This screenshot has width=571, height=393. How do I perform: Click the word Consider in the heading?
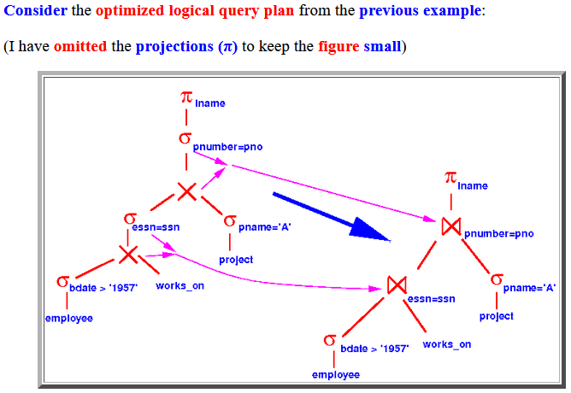[x=35, y=10]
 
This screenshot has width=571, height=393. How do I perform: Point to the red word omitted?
[x=80, y=47]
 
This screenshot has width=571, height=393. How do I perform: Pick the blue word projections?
[x=174, y=47]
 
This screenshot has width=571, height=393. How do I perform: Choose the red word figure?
[x=338, y=47]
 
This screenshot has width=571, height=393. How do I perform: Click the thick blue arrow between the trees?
[x=332, y=217]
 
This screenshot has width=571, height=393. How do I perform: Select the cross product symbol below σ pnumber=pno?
[x=187, y=191]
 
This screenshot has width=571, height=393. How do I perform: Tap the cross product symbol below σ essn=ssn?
[x=128, y=255]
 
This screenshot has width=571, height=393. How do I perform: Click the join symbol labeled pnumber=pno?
[x=450, y=226]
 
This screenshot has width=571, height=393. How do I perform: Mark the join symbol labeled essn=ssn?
[x=397, y=284]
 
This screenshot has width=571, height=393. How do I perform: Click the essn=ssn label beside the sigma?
[x=156, y=227]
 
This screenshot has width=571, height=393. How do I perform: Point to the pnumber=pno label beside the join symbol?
[x=499, y=233]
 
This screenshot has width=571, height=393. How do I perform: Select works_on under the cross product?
[x=180, y=286]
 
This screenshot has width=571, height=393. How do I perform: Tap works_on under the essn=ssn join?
[x=447, y=344]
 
